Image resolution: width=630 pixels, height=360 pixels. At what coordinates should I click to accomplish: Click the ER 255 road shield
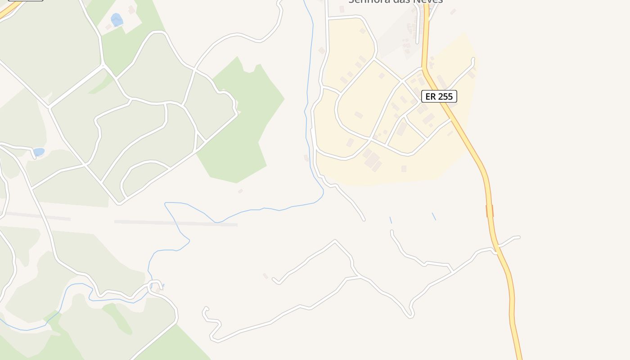click(439, 96)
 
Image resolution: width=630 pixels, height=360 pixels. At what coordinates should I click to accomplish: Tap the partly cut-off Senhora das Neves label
click(396, 1)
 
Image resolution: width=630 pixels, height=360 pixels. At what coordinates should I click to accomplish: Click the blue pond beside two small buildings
click(117, 19)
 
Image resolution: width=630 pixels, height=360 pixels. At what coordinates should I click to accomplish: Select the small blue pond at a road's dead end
click(39, 152)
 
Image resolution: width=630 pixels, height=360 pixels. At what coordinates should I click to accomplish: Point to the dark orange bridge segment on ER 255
click(490, 211)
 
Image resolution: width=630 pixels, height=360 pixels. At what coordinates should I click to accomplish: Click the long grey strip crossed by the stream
click(175, 223)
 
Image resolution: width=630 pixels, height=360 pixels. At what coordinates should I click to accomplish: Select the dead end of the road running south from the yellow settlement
click(364, 220)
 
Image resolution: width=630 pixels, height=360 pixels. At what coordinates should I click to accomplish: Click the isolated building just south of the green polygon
click(240, 191)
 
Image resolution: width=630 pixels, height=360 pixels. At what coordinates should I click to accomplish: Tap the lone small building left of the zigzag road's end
click(265, 276)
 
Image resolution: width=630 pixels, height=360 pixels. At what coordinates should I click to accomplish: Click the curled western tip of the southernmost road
click(206, 309)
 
